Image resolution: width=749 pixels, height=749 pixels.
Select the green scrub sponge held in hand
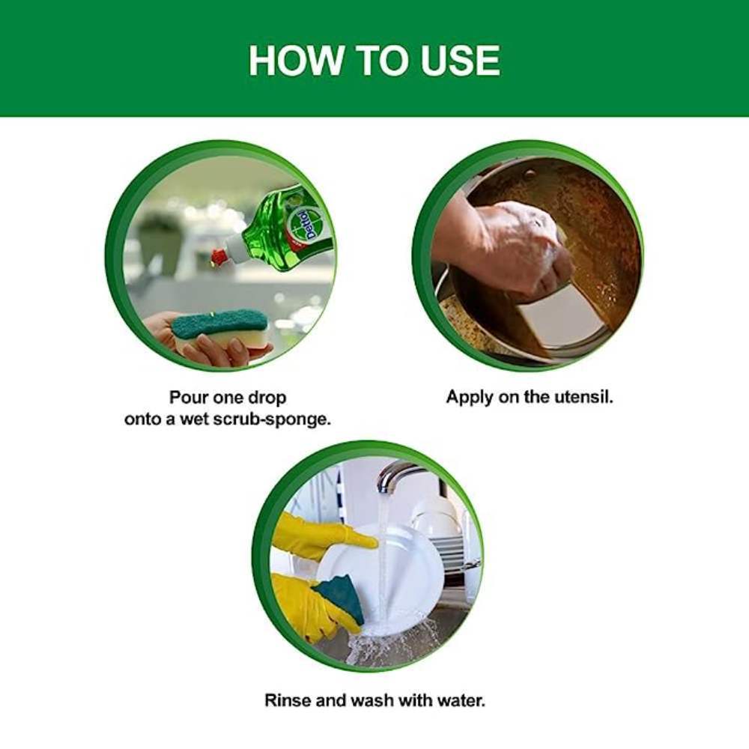tap(219, 327)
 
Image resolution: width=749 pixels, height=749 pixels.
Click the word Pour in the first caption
tap(188, 398)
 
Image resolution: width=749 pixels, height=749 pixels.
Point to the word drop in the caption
tap(267, 398)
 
